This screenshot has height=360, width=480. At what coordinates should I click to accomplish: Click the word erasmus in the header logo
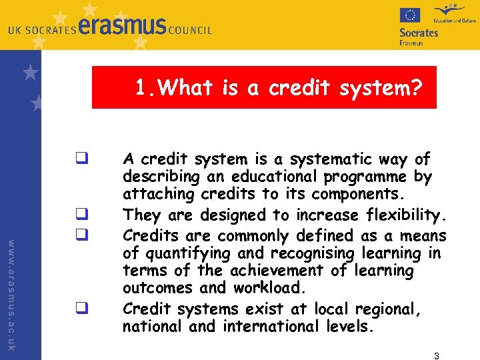(121, 27)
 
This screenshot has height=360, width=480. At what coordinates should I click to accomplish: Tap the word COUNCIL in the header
(190, 30)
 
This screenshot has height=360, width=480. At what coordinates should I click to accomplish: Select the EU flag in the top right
(410, 15)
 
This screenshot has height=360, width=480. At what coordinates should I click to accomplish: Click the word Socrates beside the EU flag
(419, 32)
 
